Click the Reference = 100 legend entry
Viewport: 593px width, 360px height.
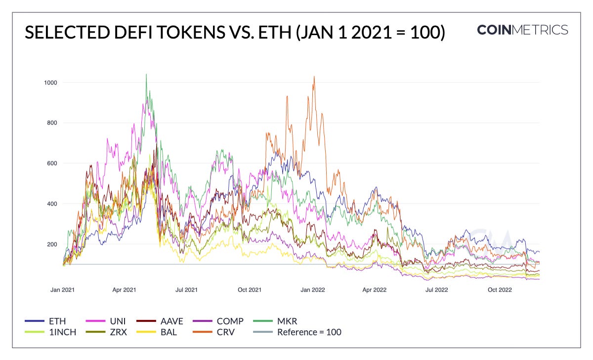click(x=309, y=332)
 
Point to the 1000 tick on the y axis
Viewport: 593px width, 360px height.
click(x=49, y=82)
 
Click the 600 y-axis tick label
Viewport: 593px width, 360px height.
click(x=50, y=163)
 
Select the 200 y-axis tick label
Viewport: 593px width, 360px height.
click(x=50, y=244)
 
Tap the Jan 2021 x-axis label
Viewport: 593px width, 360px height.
click(x=62, y=290)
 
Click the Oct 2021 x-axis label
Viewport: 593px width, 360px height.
click(x=250, y=290)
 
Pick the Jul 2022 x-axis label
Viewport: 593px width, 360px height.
click(x=436, y=290)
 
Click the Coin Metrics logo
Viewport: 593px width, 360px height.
click(x=522, y=30)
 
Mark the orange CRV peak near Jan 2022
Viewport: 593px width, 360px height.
click(x=314, y=77)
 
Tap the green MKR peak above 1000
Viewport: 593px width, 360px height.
click(x=146, y=75)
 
